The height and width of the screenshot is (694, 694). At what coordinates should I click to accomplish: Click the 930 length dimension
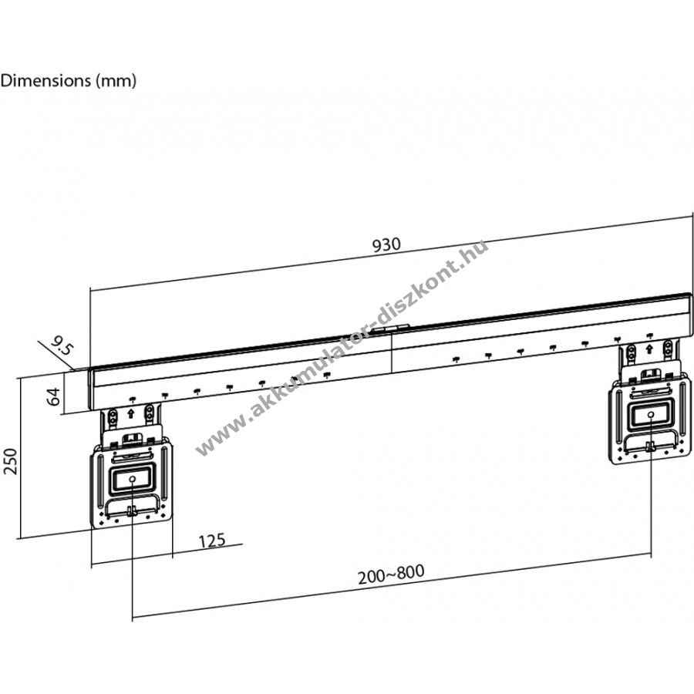pyautogui.click(x=386, y=244)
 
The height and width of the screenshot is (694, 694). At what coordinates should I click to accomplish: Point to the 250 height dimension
pyautogui.click(x=10, y=462)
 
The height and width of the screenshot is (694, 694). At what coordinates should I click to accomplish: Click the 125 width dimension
pyautogui.click(x=212, y=541)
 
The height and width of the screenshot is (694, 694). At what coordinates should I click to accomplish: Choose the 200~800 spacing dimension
pyautogui.click(x=391, y=574)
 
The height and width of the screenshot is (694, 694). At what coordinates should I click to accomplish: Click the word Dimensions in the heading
pyautogui.click(x=45, y=80)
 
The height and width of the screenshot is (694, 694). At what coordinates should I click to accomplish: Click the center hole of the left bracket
pyautogui.click(x=133, y=480)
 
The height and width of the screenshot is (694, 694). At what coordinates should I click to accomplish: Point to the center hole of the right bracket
pyautogui.click(x=651, y=414)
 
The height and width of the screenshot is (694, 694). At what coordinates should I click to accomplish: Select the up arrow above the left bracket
pyautogui.click(x=131, y=414)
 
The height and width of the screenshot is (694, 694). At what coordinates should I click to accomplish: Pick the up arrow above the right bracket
pyautogui.click(x=649, y=349)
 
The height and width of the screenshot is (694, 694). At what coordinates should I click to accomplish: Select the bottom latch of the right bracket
pyautogui.click(x=650, y=446)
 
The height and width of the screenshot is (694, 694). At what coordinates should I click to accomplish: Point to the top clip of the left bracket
pyautogui.click(x=131, y=439)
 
